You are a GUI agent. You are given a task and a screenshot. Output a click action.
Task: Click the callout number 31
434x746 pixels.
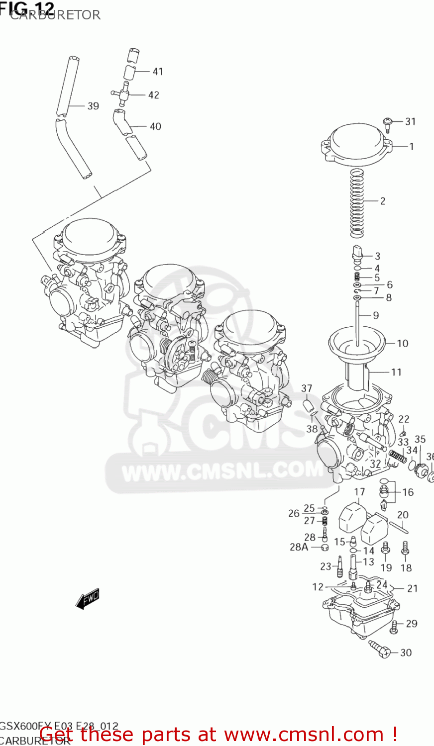pos(410,121)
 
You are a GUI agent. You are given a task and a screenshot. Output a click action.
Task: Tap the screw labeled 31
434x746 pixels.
pos(388,122)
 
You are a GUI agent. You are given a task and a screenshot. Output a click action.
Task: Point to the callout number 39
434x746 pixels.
pos(93,106)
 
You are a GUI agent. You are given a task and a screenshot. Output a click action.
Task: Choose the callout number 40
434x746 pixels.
pos(155,126)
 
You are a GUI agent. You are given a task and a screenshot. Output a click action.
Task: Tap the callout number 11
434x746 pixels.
pos(396,372)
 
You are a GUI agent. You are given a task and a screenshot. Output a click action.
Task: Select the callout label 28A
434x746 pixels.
pos(299,547)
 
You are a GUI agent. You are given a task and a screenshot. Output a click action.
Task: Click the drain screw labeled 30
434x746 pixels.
pos(379,649)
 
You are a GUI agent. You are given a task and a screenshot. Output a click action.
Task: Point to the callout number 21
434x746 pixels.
pos(412,588)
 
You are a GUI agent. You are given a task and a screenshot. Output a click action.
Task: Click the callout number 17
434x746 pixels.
pos(359,492)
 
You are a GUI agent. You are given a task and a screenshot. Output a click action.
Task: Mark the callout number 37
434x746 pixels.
pos(307,388)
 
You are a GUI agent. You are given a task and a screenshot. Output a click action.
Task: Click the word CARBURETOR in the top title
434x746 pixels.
pos(55,14)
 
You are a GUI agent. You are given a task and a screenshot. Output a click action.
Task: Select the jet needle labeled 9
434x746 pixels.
pos(357,323)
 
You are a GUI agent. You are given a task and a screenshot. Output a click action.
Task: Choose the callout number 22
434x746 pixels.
pos(404,419)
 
